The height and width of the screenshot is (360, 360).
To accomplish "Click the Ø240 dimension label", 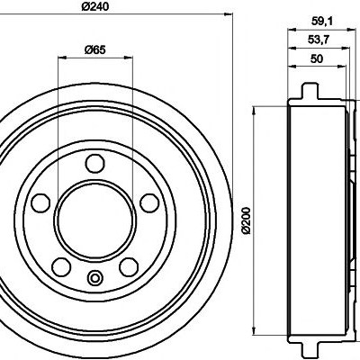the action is click(94, 5).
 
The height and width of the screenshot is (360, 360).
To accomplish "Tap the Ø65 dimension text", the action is click(94, 49).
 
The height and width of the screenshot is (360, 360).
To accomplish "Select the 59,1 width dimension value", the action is click(319, 21).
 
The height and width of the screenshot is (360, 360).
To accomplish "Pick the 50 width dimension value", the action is click(317, 58).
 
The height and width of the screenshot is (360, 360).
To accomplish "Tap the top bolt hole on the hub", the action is click(94, 163).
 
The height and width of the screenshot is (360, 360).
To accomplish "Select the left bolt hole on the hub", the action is click(40, 202).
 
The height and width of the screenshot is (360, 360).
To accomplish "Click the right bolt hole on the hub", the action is click(149, 203).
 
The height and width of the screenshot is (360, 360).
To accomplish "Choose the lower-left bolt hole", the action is click(61, 266).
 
